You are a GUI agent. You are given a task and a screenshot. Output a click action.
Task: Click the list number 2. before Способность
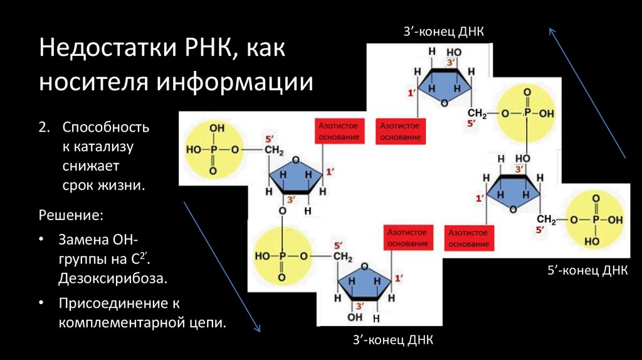click(43, 127)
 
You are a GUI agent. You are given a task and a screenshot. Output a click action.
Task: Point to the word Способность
click(105, 127)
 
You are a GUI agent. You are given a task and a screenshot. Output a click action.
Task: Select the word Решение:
click(71, 216)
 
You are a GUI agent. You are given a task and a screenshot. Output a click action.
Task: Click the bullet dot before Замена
click(41, 240)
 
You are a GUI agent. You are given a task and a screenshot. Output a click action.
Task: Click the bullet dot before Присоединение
click(41, 304)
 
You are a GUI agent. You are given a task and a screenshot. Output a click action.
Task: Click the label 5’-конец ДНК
click(586, 271)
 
